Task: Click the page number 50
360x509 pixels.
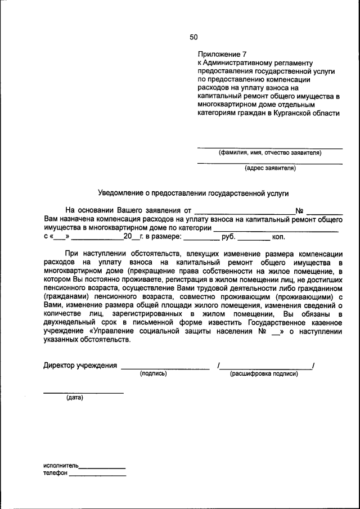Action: tap(193, 37)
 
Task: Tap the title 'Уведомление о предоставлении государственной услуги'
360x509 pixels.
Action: tap(193, 193)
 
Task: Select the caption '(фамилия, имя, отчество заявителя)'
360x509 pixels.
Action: tap(269, 152)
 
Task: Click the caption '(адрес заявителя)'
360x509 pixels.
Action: tap(269, 168)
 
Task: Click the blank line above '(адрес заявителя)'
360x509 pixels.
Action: tap(269, 163)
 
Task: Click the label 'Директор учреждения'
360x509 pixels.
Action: tap(80, 366)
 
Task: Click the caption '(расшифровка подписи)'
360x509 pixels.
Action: tap(264, 373)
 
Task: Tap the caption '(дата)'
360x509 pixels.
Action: tap(74, 398)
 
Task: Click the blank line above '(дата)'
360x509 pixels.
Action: tap(83, 392)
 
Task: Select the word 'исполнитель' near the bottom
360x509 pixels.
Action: tap(61, 466)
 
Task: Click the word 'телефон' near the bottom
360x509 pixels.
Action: tap(55, 474)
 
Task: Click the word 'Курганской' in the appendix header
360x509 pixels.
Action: tap(289, 113)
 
